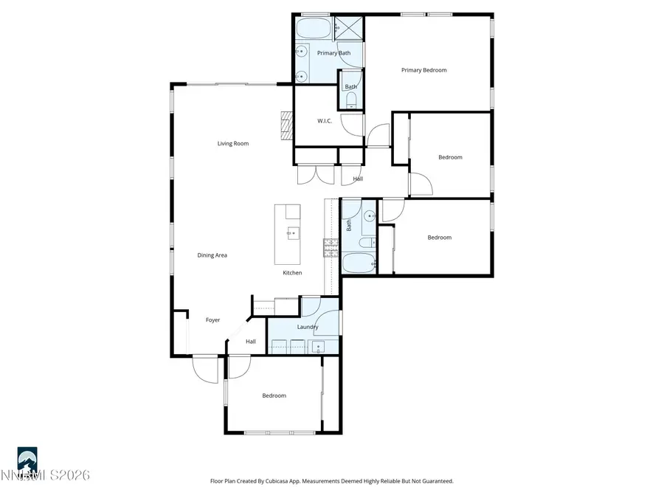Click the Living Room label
[232, 144]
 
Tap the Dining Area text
[212, 255]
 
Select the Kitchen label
[292, 273]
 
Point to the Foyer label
[212, 320]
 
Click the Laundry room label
[307, 327]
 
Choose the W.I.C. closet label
[327, 121]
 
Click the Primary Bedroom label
[423, 70]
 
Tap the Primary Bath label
[333, 53]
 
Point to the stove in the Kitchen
[330, 248]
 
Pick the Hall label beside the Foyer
[251, 342]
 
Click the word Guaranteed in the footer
[435, 481]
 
